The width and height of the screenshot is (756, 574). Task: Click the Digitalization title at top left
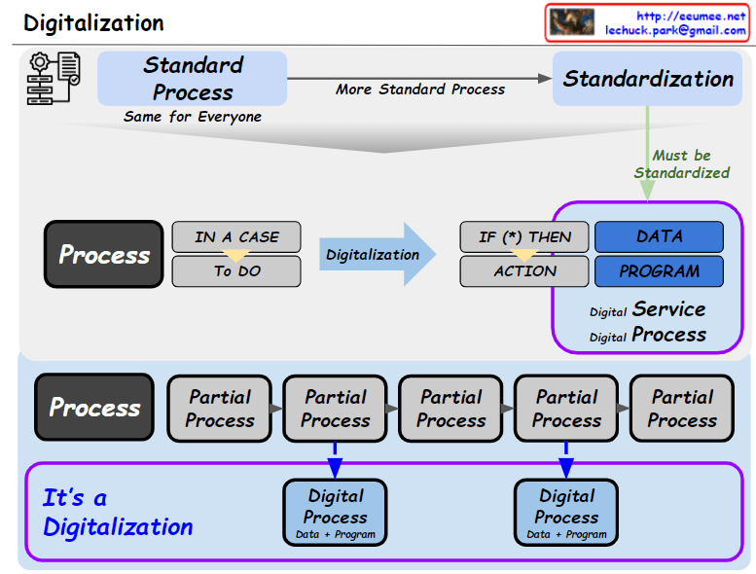click(93, 23)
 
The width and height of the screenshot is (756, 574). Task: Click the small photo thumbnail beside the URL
click(571, 22)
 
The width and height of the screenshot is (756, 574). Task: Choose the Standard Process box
click(192, 79)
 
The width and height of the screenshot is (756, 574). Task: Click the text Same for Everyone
click(193, 117)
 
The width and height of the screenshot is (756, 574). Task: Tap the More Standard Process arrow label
click(420, 89)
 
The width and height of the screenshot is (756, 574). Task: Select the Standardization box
click(648, 79)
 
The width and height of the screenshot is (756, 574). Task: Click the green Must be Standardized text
click(682, 163)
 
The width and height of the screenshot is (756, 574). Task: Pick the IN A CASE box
click(236, 236)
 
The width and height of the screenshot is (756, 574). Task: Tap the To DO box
click(236, 271)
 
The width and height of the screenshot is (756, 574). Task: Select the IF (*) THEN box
click(524, 236)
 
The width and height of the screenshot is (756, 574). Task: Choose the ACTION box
click(524, 271)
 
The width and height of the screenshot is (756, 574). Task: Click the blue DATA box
click(659, 236)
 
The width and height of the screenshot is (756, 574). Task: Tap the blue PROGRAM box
click(659, 271)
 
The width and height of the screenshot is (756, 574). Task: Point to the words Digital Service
click(648, 309)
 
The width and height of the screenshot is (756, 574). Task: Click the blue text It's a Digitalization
click(118, 513)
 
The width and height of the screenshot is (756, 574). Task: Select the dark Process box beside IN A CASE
click(104, 255)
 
